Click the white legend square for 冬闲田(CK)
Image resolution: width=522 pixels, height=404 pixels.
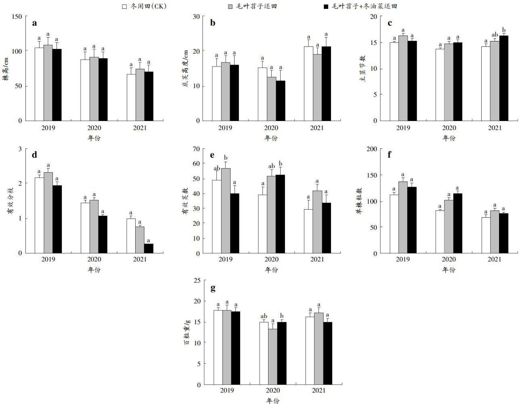click(125, 6)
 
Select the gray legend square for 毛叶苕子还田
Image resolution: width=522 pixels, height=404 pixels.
click(231, 6)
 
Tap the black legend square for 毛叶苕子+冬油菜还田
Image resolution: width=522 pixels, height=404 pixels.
click(327, 6)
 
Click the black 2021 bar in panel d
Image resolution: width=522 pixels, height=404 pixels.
click(149, 248)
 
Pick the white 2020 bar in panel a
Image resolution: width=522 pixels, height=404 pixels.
click(85, 90)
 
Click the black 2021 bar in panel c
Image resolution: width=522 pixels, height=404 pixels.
click(503, 78)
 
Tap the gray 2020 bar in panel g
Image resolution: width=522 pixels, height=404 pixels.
click(273, 356)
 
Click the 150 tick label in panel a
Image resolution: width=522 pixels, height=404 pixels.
click(17, 17)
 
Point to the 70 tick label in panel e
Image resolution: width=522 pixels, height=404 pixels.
click(196, 149)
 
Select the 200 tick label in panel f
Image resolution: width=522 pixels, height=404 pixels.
click(371, 149)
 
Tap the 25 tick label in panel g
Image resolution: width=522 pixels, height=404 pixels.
click(196, 280)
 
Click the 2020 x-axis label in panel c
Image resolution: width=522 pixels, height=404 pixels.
click(449, 128)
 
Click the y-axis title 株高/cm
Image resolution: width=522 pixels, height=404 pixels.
click(6, 69)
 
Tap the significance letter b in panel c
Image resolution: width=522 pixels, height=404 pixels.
click(503, 29)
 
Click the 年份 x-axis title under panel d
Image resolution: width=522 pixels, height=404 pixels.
click(94, 270)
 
